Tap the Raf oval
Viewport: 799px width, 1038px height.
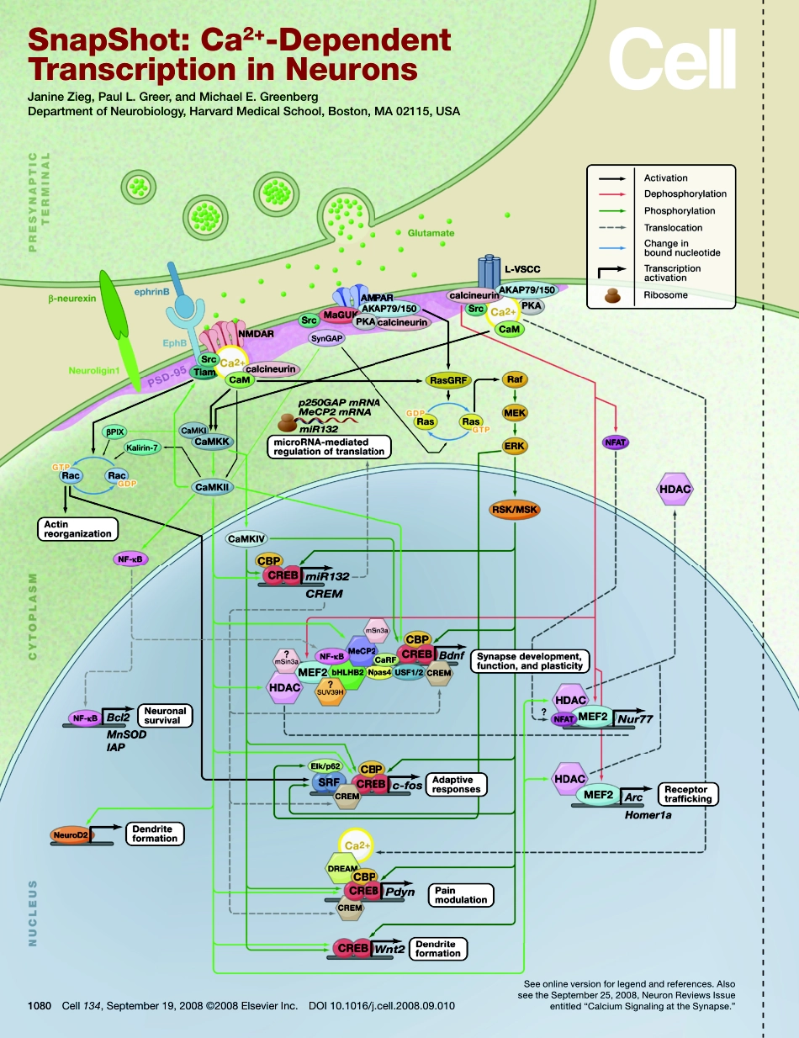click(x=515, y=380)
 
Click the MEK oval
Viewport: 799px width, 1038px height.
click(x=515, y=413)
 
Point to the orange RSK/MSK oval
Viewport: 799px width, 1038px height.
click(x=515, y=510)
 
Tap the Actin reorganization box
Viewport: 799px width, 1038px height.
click(x=75, y=528)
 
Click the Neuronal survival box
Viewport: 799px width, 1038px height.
click(x=164, y=715)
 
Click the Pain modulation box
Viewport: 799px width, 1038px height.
click(x=460, y=894)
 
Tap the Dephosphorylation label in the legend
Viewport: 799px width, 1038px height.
click(x=685, y=194)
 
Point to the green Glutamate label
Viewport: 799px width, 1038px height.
click(x=431, y=232)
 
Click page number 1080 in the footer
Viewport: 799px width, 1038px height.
click(x=40, y=1004)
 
